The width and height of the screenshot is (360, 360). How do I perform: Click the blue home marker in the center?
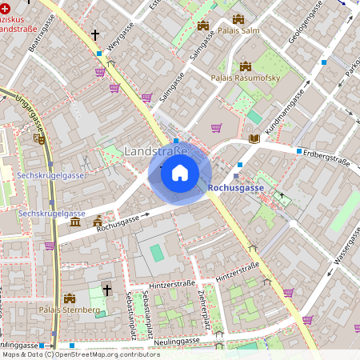(180, 173)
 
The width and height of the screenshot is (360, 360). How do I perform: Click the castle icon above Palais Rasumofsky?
(245, 66)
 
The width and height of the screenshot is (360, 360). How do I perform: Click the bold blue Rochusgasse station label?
(235, 187)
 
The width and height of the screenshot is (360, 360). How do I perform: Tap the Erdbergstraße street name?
(327, 160)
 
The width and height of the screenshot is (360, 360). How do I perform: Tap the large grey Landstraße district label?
(156, 151)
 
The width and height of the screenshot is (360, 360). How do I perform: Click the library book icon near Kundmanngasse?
(254, 138)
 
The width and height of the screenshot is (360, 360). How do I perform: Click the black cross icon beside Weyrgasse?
(95, 35)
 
